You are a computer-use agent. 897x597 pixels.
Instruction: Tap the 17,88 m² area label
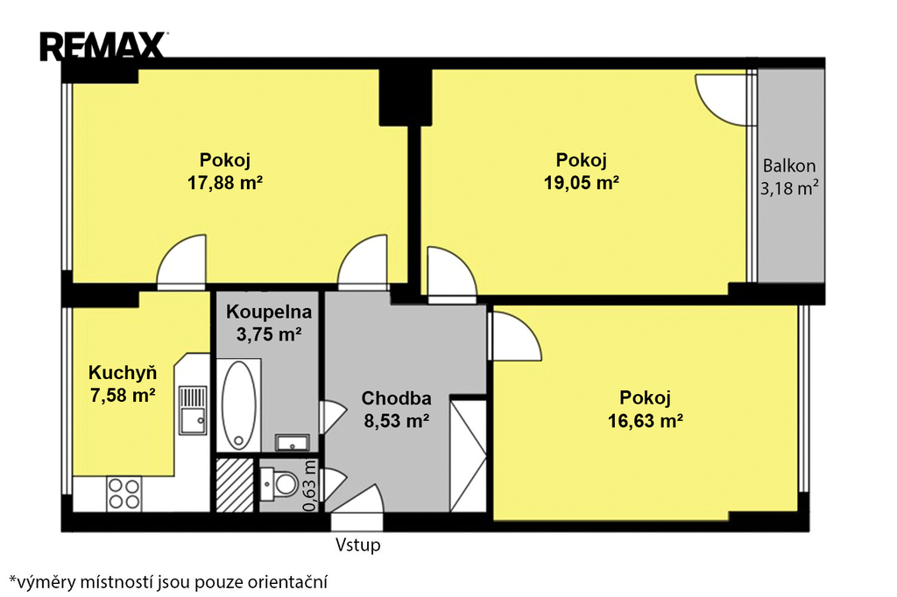(225, 183)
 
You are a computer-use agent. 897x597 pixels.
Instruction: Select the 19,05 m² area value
(582, 183)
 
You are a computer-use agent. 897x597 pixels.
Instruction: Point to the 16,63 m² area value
(645, 421)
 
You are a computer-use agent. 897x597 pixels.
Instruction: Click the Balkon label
(789, 165)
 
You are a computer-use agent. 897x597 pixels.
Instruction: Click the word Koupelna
(269, 312)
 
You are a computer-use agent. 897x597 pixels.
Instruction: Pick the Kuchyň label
(123, 373)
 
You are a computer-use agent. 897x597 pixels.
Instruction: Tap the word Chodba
(397, 398)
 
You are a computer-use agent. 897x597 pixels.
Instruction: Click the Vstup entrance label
(357, 545)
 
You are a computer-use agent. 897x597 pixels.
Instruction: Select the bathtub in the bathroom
(238, 405)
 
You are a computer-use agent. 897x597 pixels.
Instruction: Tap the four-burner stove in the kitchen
(124, 494)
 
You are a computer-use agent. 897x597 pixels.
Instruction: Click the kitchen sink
(193, 411)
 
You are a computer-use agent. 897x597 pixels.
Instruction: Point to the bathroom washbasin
(293, 443)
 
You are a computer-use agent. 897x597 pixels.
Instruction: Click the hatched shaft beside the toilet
(235, 485)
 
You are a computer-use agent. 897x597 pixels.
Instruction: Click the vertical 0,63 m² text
(309, 486)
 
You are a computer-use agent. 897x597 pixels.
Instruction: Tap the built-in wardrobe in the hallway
(468, 455)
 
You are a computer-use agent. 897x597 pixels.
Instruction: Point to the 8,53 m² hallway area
(397, 421)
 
